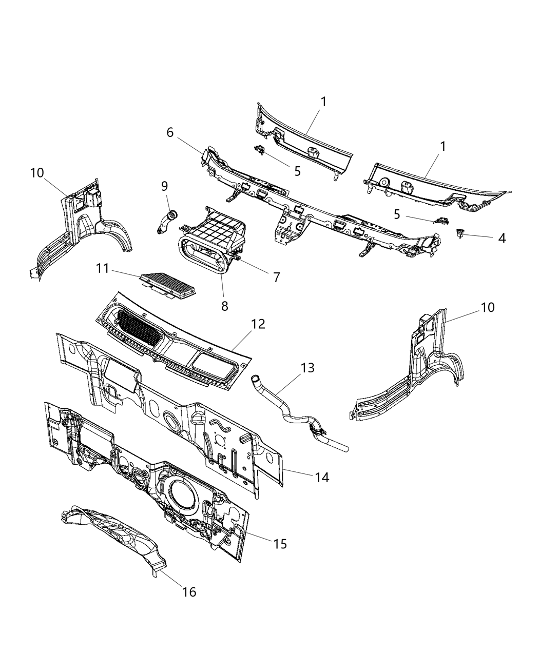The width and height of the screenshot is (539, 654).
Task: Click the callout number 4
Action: point(501,238)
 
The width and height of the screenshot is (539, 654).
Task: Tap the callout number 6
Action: point(170,132)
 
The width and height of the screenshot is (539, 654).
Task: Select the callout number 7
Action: point(276,278)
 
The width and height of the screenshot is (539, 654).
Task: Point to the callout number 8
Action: point(224,306)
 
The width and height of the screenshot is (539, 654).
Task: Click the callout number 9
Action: point(164,185)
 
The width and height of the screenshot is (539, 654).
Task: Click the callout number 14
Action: point(322,477)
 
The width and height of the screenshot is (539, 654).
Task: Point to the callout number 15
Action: point(280,544)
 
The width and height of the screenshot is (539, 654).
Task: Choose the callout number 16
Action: point(189,592)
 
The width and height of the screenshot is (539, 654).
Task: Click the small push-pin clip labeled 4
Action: point(458,234)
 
